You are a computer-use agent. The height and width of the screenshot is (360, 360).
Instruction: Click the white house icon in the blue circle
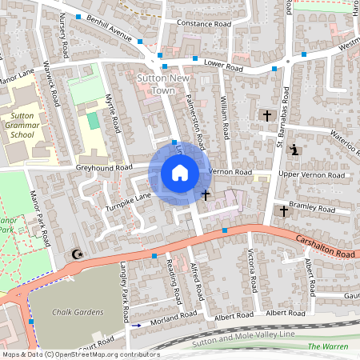(180, 172)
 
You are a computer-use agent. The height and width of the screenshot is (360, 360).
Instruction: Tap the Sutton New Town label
(164, 84)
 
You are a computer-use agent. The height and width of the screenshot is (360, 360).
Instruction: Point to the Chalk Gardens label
(74, 312)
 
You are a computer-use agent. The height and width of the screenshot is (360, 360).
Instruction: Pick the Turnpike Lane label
(128, 196)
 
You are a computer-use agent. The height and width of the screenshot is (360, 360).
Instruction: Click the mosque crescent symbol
(77, 254)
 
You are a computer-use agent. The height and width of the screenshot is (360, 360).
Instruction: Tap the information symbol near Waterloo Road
(295, 150)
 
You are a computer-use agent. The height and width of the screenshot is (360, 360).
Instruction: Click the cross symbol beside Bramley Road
(282, 211)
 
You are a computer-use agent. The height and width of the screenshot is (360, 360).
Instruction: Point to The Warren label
(328, 346)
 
